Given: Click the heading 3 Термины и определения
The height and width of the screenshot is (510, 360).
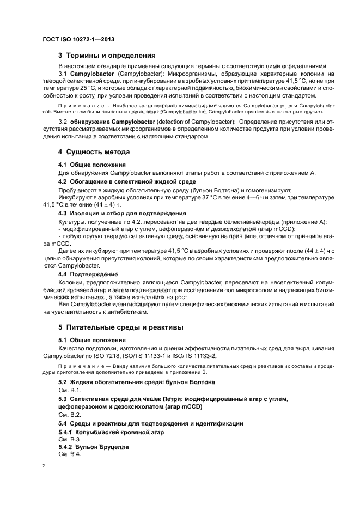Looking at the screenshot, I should [107, 55].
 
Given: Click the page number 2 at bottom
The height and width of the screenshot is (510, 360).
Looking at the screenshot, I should [44, 466].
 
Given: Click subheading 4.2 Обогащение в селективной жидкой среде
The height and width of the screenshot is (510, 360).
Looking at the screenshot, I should [127, 181].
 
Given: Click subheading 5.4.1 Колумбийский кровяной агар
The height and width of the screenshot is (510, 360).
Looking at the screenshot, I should [111, 432].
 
